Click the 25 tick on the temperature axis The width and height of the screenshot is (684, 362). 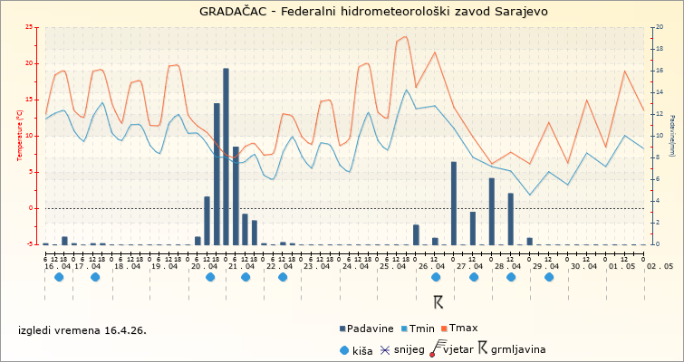(x=30, y=27)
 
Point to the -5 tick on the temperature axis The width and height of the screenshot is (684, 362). (x=32, y=244)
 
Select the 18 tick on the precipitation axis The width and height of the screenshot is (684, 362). (x=659, y=49)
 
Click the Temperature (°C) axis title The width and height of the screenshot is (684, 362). (x=20, y=136)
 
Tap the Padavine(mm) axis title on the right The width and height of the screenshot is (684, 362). (x=672, y=136)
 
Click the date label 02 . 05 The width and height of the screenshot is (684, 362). (x=660, y=266)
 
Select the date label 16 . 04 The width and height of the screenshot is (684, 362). (x=57, y=266)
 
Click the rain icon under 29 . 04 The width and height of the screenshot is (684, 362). (x=549, y=278)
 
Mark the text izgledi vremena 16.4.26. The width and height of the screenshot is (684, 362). (x=82, y=329)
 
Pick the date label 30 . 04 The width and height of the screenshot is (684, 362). (x=584, y=266)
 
